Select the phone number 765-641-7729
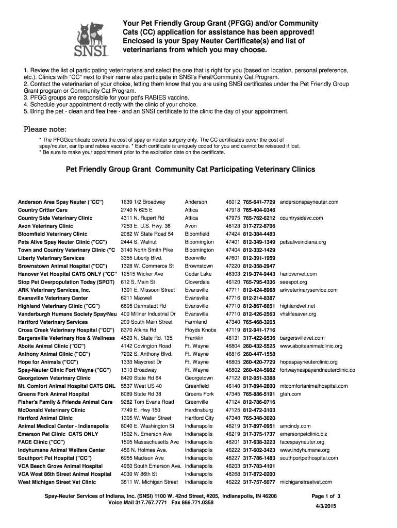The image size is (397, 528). coord(259,202)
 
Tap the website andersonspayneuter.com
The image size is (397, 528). coord(309,202)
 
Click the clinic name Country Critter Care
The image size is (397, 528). coord(43,210)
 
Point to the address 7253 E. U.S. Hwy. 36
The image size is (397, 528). coord(145,226)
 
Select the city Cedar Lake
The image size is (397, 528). coord(198,274)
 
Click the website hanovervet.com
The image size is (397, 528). coord(298,274)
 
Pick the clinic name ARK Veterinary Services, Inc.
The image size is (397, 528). coord(54,290)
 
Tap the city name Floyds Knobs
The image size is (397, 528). coord(201,330)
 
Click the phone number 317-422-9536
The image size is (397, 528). coord(259,338)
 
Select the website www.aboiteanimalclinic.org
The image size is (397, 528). coord(311,346)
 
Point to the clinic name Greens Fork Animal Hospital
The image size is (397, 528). coord(54,394)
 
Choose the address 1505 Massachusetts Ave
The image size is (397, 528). coord(150,442)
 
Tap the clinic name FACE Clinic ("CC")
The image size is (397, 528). coord(41,442)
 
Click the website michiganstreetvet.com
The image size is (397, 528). coord(306,482)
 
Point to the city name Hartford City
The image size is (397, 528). coord(200,418)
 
